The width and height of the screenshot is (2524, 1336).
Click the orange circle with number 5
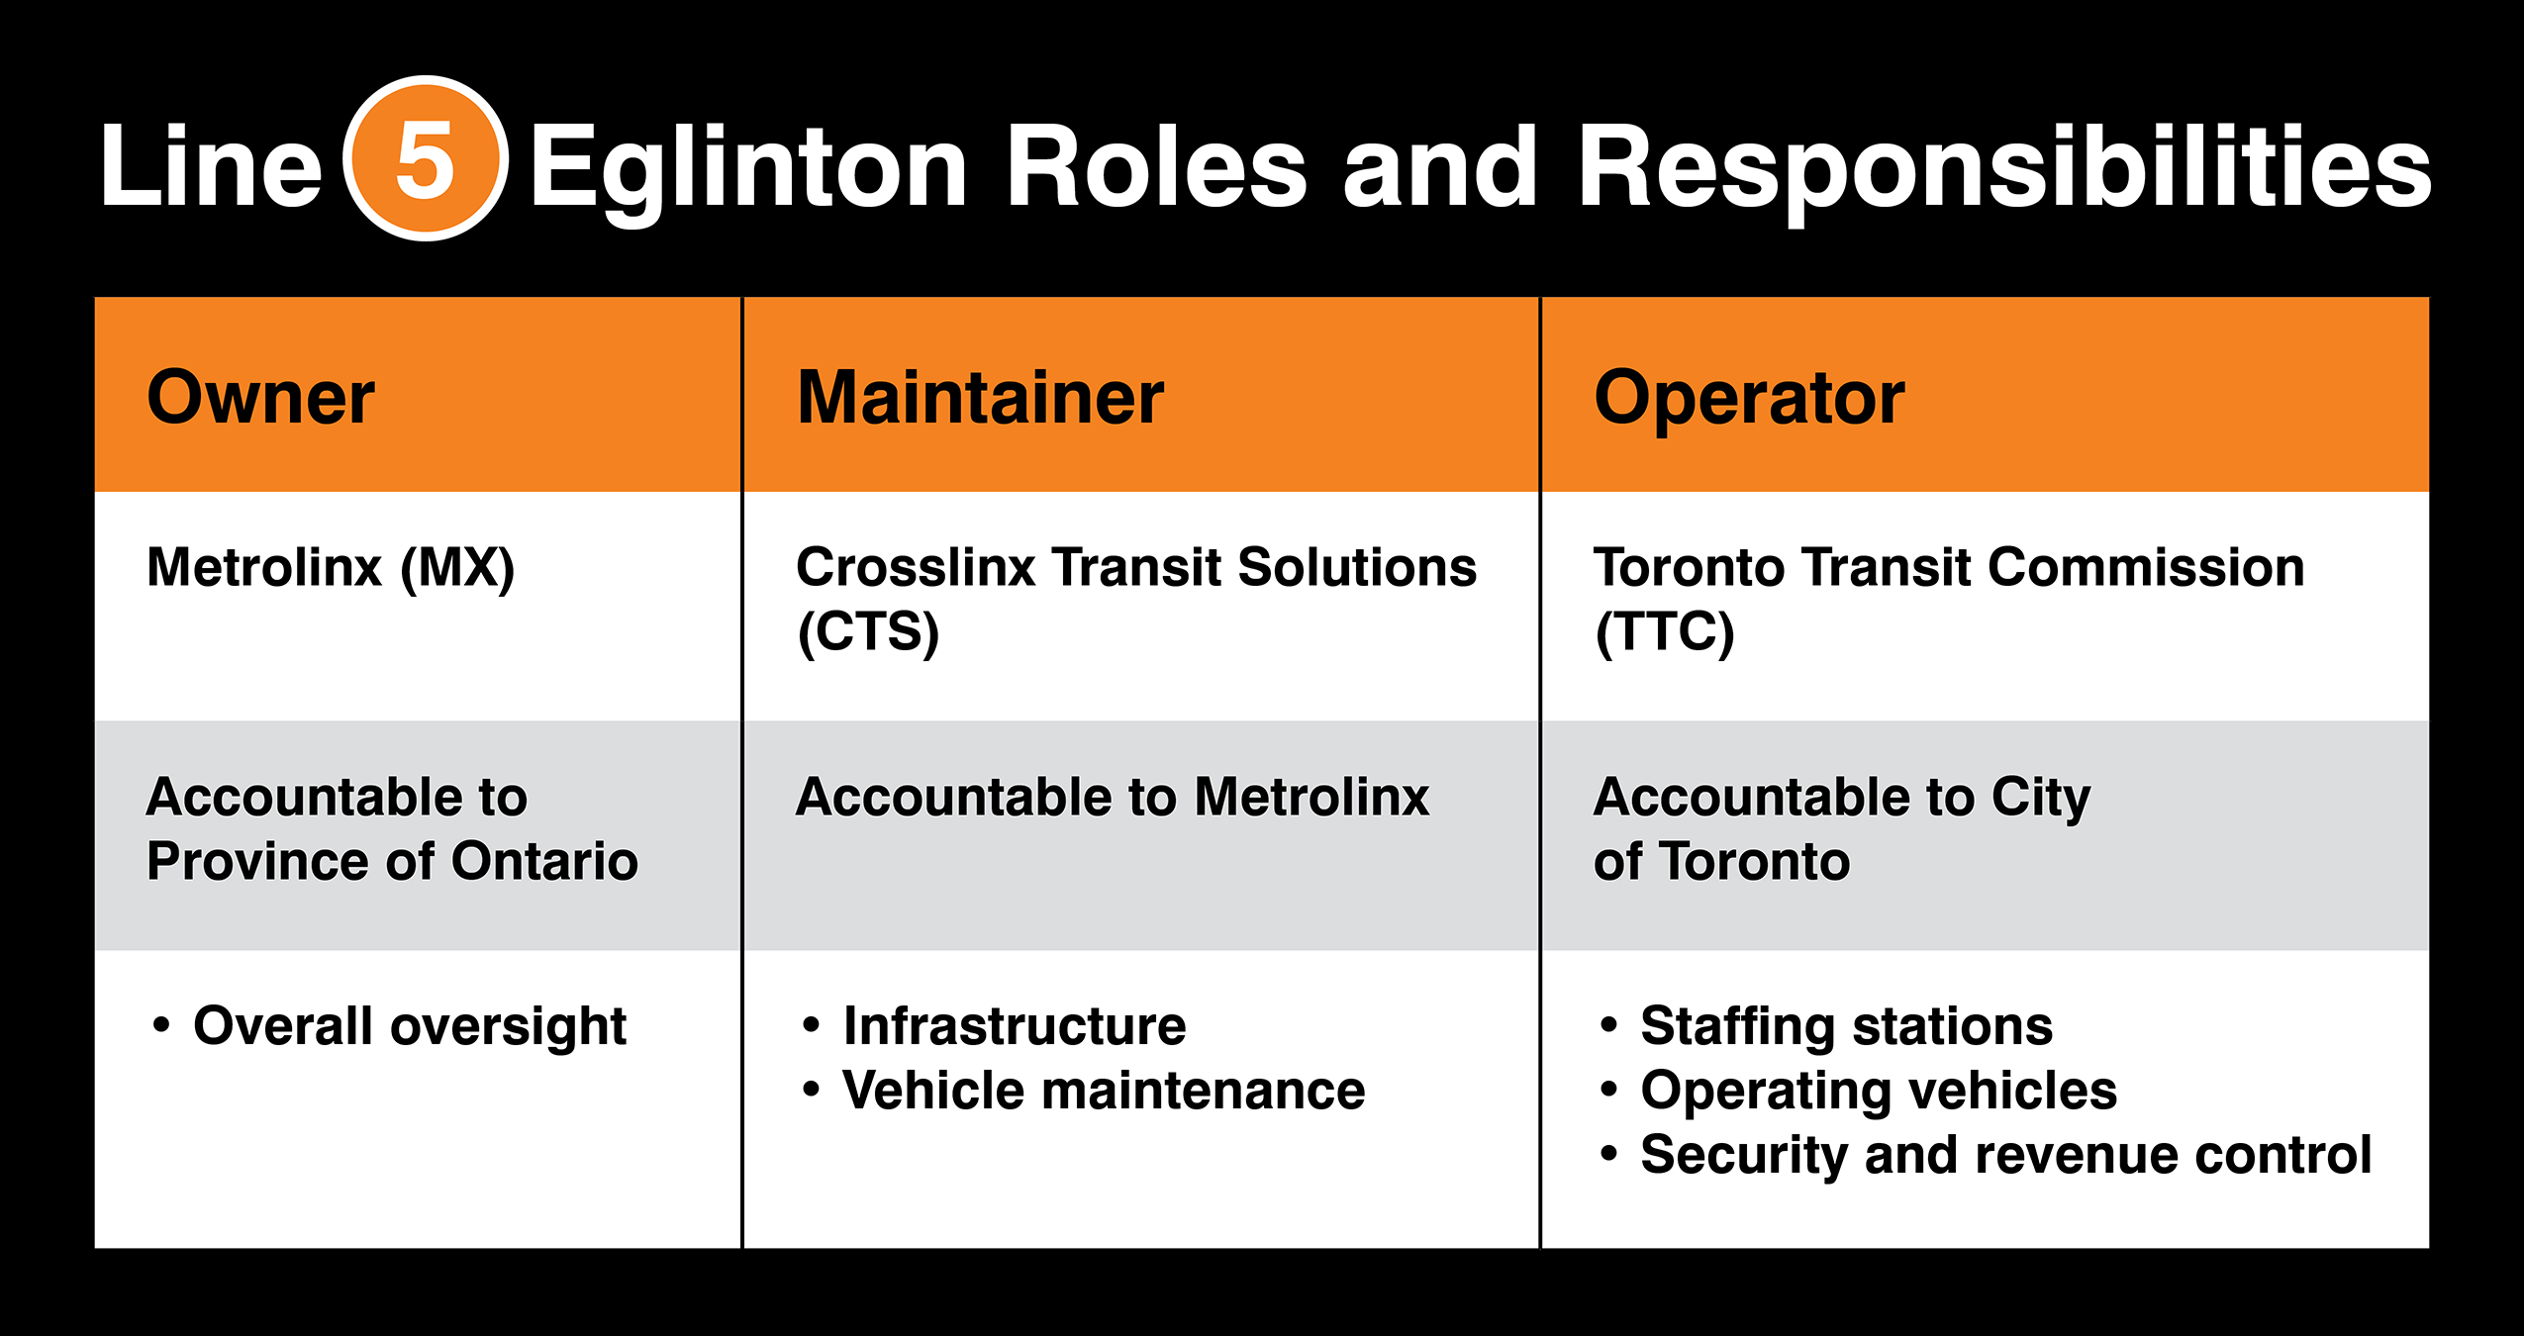(426, 158)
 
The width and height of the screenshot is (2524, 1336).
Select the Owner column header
(260, 398)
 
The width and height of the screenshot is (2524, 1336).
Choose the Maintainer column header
(980, 398)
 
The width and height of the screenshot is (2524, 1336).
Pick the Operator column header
(1748, 398)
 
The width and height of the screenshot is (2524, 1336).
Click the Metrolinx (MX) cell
(331, 568)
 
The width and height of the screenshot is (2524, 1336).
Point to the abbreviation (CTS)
(868, 631)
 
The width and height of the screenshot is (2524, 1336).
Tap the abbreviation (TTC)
(1664, 631)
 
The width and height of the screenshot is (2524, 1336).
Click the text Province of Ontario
(392, 861)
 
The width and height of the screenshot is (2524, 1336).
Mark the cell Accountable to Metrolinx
(1112, 798)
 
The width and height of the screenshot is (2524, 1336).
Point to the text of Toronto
(1720, 861)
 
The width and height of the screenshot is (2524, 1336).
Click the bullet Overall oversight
(409, 1026)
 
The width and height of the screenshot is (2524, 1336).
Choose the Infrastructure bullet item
(1014, 1026)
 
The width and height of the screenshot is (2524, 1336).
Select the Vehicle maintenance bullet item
(1103, 1091)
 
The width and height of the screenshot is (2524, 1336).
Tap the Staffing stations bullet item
(1846, 1026)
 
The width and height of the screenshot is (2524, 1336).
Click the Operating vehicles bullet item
(1878, 1091)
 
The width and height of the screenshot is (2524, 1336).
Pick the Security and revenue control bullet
(2005, 1155)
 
